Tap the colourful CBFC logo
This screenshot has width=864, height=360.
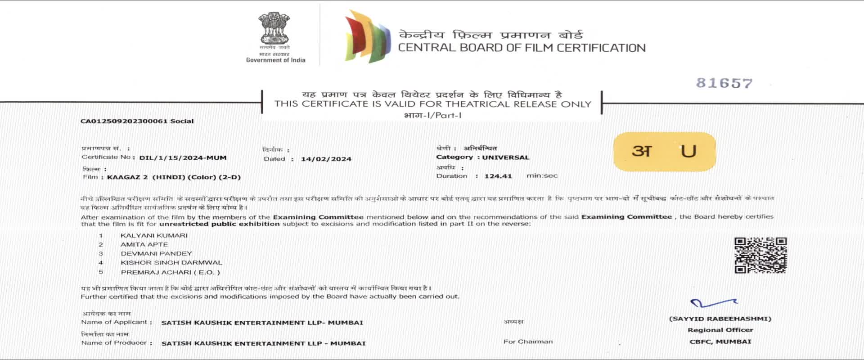coord(367,36)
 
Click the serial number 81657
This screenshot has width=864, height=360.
coord(724,83)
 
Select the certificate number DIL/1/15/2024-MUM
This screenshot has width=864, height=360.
coord(183,158)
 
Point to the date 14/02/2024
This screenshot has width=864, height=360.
coord(326,159)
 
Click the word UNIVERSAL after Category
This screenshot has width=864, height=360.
coord(506,157)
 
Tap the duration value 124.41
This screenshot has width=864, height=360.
coord(498,176)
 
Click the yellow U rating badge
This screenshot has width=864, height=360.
coord(664,151)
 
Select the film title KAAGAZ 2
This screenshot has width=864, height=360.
coord(127,177)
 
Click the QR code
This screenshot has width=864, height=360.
coord(760,255)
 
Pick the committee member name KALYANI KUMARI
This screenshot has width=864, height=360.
coord(154,235)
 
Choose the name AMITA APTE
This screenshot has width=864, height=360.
coord(144,244)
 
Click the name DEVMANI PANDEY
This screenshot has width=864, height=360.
coord(156,253)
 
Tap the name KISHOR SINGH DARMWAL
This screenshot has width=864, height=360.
coord(171,262)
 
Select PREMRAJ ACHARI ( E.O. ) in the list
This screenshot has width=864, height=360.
coord(170,272)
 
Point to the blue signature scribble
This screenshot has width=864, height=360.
coord(713,303)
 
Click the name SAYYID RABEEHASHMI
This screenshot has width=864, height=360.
coord(720,319)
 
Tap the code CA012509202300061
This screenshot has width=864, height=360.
coord(124,121)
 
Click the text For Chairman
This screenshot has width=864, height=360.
coord(528,342)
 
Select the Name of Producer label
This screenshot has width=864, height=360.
coord(114,343)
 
